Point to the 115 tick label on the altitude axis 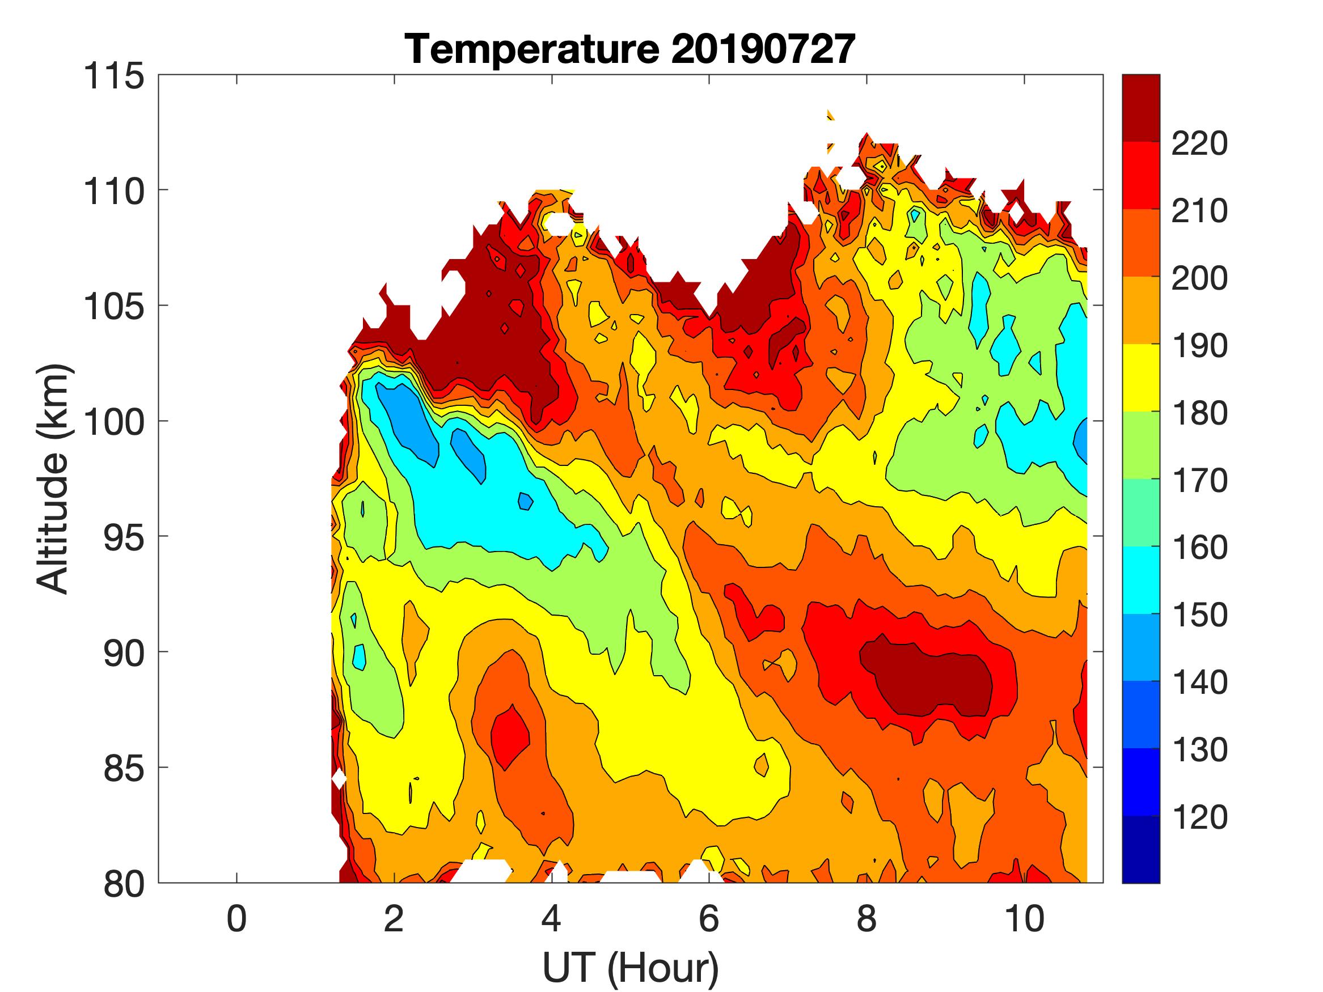click(x=113, y=77)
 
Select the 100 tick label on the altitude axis click(x=113, y=422)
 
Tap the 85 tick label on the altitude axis click(x=124, y=768)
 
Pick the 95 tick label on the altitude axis click(x=124, y=537)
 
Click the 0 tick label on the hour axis click(x=236, y=918)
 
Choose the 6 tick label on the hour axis click(x=709, y=918)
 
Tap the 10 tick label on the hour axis click(x=1024, y=918)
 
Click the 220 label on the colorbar click(x=1199, y=143)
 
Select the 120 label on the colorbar click(x=1199, y=817)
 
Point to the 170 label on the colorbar click(x=1199, y=480)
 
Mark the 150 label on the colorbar click(x=1199, y=614)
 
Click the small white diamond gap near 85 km click(x=339, y=779)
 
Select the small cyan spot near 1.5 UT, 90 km click(x=359, y=656)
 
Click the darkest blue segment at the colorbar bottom click(x=1140, y=849)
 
